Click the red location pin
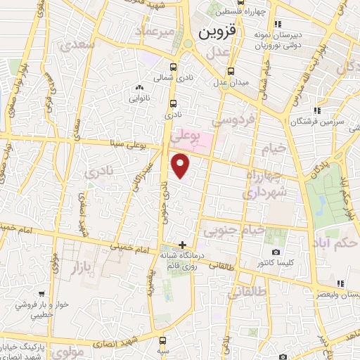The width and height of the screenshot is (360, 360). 181,166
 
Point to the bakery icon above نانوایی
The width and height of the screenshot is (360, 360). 139,88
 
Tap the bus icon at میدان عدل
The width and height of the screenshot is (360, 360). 231,72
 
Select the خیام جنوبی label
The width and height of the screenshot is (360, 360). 234,229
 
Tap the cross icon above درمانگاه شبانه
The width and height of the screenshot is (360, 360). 183,245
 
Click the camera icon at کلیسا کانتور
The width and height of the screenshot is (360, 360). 276,252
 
